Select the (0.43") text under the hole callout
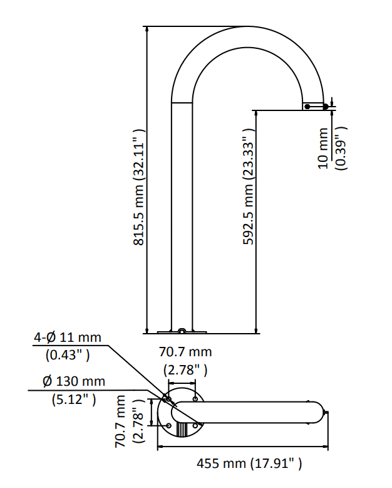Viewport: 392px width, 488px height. click(67, 354)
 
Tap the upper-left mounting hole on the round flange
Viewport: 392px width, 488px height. click(168, 398)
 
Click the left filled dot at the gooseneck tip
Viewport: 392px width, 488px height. click(307, 107)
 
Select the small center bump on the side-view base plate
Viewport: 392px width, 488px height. click(182, 330)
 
